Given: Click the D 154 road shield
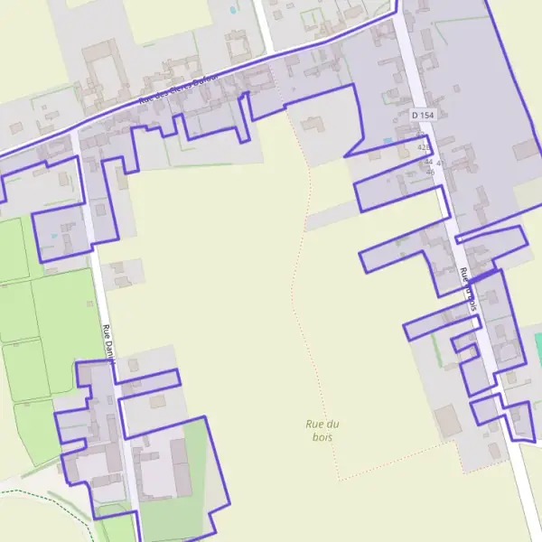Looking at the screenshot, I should pyautogui.click(x=423, y=115).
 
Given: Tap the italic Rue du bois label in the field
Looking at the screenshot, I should pyautogui.click(x=322, y=430).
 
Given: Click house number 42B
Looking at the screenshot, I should pyautogui.click(x=425, y=146).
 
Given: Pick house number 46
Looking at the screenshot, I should pyautogui.click(x=430, y=172).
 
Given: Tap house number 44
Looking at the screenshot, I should pyautogui.click(x=428, y=162).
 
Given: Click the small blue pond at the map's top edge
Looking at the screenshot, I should pyautogui.click(x=233, y=10).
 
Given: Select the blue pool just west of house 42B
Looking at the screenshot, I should pyautogui.click(x=388, y=141).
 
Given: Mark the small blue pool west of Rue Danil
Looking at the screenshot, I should pyautogui.click(x=54, y=237).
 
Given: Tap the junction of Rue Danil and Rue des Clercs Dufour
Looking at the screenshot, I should pyautogui.click(x=76, y=131).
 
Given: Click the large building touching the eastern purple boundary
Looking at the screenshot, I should pyautogui.click(x=524, y=150).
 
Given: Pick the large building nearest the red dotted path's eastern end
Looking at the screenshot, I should pyautogui.click(x=448, y=421).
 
